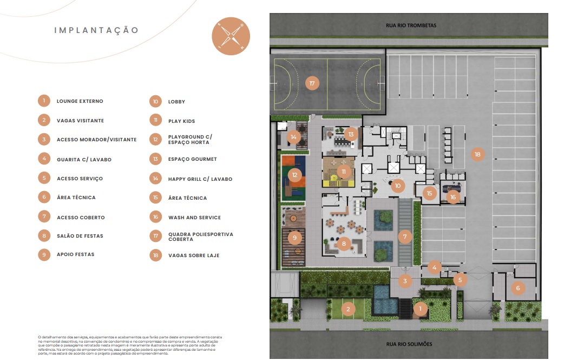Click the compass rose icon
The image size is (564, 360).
(231, 36)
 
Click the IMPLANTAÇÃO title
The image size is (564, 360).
(96, 30)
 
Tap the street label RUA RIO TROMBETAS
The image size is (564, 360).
(411, 25)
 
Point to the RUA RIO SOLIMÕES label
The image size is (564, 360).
(409, 344)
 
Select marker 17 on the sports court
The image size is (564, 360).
(312, 83)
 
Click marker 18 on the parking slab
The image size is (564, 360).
(477, 154)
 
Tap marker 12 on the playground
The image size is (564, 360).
(294, 175)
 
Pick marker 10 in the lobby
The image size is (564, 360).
(397, 186)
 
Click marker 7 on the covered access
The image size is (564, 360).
(405, 237)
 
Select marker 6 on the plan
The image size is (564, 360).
(517, 288)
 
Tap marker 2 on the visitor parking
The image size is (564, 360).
(348, 309)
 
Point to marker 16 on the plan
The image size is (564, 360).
(453, 197)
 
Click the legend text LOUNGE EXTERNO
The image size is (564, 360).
(80, 101)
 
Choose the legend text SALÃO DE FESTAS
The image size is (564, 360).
(80, 236)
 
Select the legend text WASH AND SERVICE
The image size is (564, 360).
(195, 218)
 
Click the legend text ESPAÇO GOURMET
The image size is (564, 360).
(193, 159)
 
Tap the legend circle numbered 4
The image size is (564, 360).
(44, 159)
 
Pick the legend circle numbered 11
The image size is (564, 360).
(156, 120)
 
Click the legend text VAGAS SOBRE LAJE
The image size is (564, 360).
(194, 256)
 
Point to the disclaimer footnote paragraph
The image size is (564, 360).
(130, 345)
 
